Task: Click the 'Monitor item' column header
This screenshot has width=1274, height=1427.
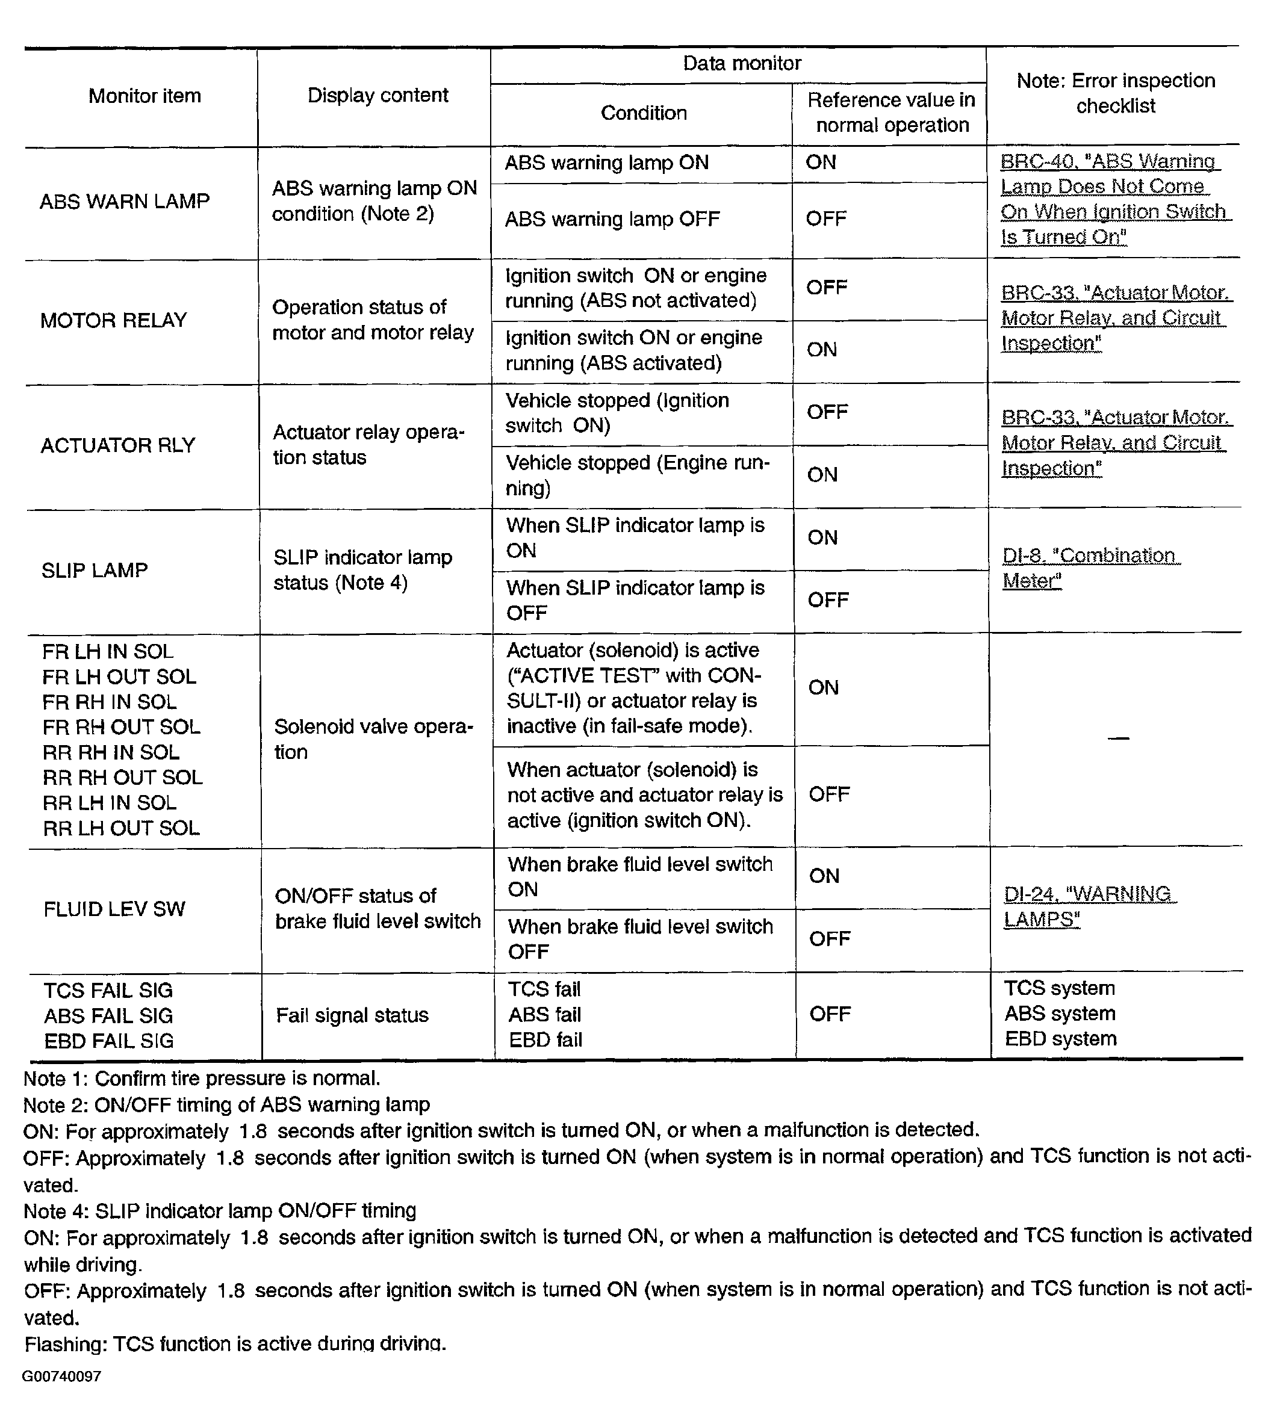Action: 144,96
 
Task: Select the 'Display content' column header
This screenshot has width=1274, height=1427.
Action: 378,95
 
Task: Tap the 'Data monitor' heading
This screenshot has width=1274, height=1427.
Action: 741,64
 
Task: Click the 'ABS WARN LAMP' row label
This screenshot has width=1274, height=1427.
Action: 125,202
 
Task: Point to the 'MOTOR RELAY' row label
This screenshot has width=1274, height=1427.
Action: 113,321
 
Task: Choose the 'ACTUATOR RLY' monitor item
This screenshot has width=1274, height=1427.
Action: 117,445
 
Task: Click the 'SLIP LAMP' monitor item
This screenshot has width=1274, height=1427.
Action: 95,571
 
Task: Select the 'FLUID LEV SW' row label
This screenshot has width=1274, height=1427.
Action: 114,909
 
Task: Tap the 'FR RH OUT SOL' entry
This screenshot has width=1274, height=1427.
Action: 121,727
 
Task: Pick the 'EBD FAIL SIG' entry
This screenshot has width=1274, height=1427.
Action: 108,1041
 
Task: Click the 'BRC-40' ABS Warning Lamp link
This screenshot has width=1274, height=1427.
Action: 1114,199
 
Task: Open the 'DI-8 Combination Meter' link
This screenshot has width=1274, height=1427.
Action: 1090,568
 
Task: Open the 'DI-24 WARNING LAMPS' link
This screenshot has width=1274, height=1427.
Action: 1089,906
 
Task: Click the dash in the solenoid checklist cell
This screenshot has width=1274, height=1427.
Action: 1119,738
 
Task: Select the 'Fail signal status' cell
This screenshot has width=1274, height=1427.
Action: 352,1015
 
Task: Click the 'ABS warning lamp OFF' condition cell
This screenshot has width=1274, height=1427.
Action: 612,220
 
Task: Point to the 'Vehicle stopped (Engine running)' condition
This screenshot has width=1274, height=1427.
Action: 637,475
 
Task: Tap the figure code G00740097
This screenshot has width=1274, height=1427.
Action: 61,1376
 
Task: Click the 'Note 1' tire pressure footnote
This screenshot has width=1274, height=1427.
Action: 202,1079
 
